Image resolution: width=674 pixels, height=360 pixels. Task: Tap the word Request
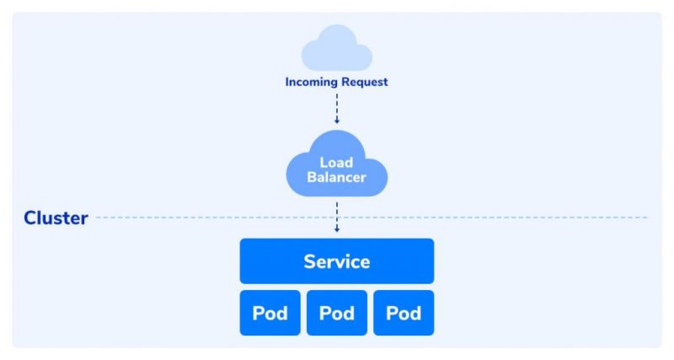click(364, 83)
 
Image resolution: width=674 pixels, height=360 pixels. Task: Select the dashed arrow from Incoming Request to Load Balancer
click(337, 106)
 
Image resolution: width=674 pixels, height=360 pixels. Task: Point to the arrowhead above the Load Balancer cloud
click(337, 121)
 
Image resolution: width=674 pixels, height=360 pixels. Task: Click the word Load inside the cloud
click(337, 161)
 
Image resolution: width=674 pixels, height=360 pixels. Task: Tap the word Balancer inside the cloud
click(337, 178)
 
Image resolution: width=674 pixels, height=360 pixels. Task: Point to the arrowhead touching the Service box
click(337, 229)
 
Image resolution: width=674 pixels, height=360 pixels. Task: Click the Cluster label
click(56, 218)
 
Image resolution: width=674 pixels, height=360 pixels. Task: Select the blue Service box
click(337, 261)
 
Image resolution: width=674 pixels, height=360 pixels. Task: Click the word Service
click(337, 261)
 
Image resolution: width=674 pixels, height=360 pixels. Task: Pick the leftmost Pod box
click(270, 314)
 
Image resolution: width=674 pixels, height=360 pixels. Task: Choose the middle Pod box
click(337, 314)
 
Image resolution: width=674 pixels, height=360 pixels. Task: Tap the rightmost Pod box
click(404, 314)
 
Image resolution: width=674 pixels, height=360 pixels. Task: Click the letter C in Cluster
click(31, 218)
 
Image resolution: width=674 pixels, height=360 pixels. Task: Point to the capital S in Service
click(309, 261)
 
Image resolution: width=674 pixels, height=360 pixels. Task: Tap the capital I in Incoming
click(286, 83)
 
